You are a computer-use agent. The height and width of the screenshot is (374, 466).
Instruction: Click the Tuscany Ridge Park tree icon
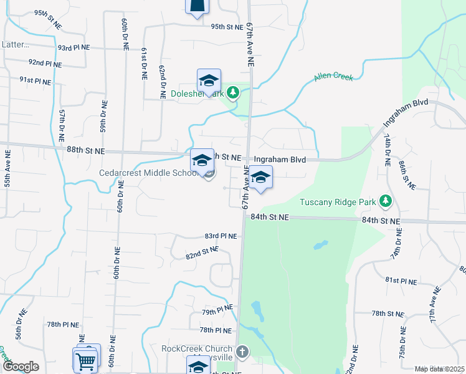pyautogui.click(x=386, y=201)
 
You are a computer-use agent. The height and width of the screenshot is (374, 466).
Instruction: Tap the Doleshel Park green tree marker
pyautogui.click(x=233, y=93)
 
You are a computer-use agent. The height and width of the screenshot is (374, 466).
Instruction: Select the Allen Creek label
pyautogui.click(x=333, y=77)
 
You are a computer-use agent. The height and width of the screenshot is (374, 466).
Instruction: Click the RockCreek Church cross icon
pyautogui.click(x=242, y=352)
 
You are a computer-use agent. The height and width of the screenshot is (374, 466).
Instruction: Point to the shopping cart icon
pyautogui.click(x=85, y=360)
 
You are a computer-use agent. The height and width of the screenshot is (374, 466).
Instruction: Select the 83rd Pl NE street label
pyautogui.click(x=221, y=236)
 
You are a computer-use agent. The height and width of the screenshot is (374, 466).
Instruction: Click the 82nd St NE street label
pyautogui.click(x=202, y=253)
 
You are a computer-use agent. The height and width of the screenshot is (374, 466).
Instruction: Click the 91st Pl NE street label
pyautogui.click(x=35, y=80)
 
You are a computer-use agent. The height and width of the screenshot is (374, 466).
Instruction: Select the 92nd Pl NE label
pyautogui.click(x=45, y=63)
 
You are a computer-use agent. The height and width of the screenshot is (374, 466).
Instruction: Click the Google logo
pyautogui.click(x=20, y=367)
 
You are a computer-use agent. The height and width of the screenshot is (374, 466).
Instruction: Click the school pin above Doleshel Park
pyautogui.click(x=209, y=80)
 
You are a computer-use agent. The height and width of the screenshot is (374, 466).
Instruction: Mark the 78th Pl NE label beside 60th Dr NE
pyautogui.click(x=62, y=325)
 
